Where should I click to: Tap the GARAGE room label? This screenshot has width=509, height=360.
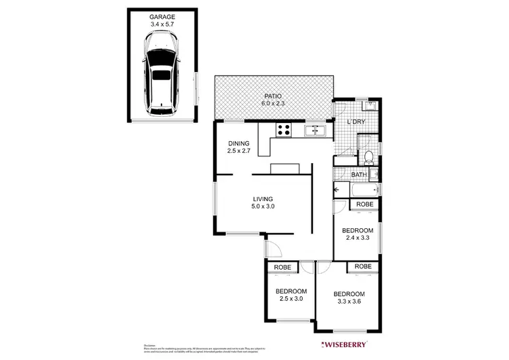pyautogui.click(x=162, y=16)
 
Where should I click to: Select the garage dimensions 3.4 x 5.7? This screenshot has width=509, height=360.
pyautogui.click(x=162, y=24)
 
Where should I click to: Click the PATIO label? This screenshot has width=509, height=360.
pyautogui.click(x=274, y=96)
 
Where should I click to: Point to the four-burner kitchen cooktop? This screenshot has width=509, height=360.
pyautogui.click(x=284, y=130)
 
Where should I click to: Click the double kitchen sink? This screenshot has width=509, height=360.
pyautogui.click(x=316, y=130)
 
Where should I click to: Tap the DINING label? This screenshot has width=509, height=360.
pyautogui.click(x=239, y=143)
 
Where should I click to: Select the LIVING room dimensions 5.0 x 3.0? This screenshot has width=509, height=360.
pyautogui.click(x=263, y=206)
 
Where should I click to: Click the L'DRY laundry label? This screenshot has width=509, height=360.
pyautogui.click(x=356, y=122)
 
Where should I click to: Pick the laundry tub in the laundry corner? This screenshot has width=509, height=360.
pyautogui.click(x=370, y=107)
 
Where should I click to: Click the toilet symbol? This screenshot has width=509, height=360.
pyautogui.click(x=369, y=158)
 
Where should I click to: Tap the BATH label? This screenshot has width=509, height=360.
pyautogui.click(x=359, y=175)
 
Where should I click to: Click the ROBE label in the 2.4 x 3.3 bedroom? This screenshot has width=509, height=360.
pyautogui.click(x=364, y=204)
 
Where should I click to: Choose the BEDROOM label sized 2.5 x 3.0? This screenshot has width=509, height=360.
pyautogui.click(x=291, y=292)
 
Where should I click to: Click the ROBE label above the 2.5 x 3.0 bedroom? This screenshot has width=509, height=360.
pyautogui.click(x=282, y=267)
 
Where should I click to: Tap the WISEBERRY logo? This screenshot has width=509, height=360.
pyautogui.click(x=345, y=344)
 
